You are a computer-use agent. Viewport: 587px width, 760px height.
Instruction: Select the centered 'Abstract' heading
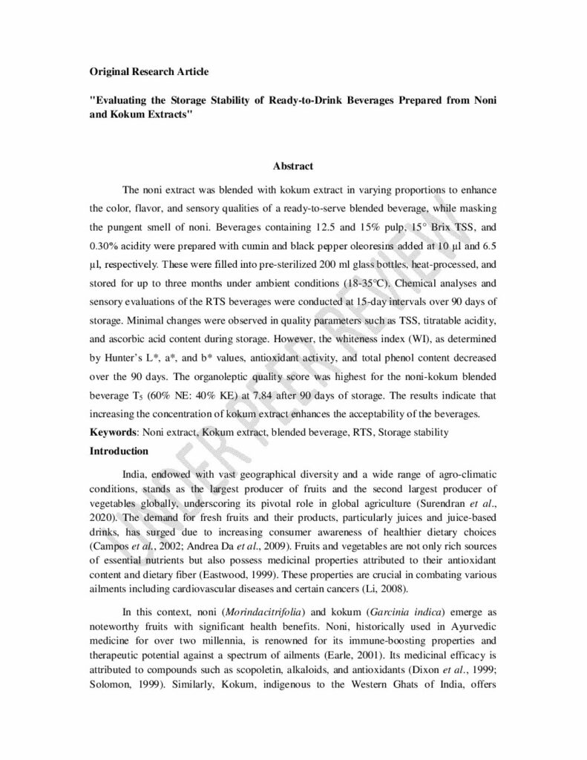coord(293,166)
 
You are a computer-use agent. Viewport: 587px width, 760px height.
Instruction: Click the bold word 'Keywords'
coord(114,432)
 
